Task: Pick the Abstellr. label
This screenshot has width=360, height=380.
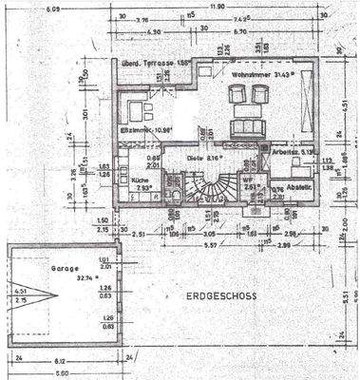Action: coord(299,186)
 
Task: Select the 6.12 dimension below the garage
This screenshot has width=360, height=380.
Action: coord(61,361)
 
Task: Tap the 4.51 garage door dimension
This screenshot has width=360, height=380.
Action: coord(22,293)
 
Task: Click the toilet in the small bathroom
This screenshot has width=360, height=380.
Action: coord(177,197)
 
